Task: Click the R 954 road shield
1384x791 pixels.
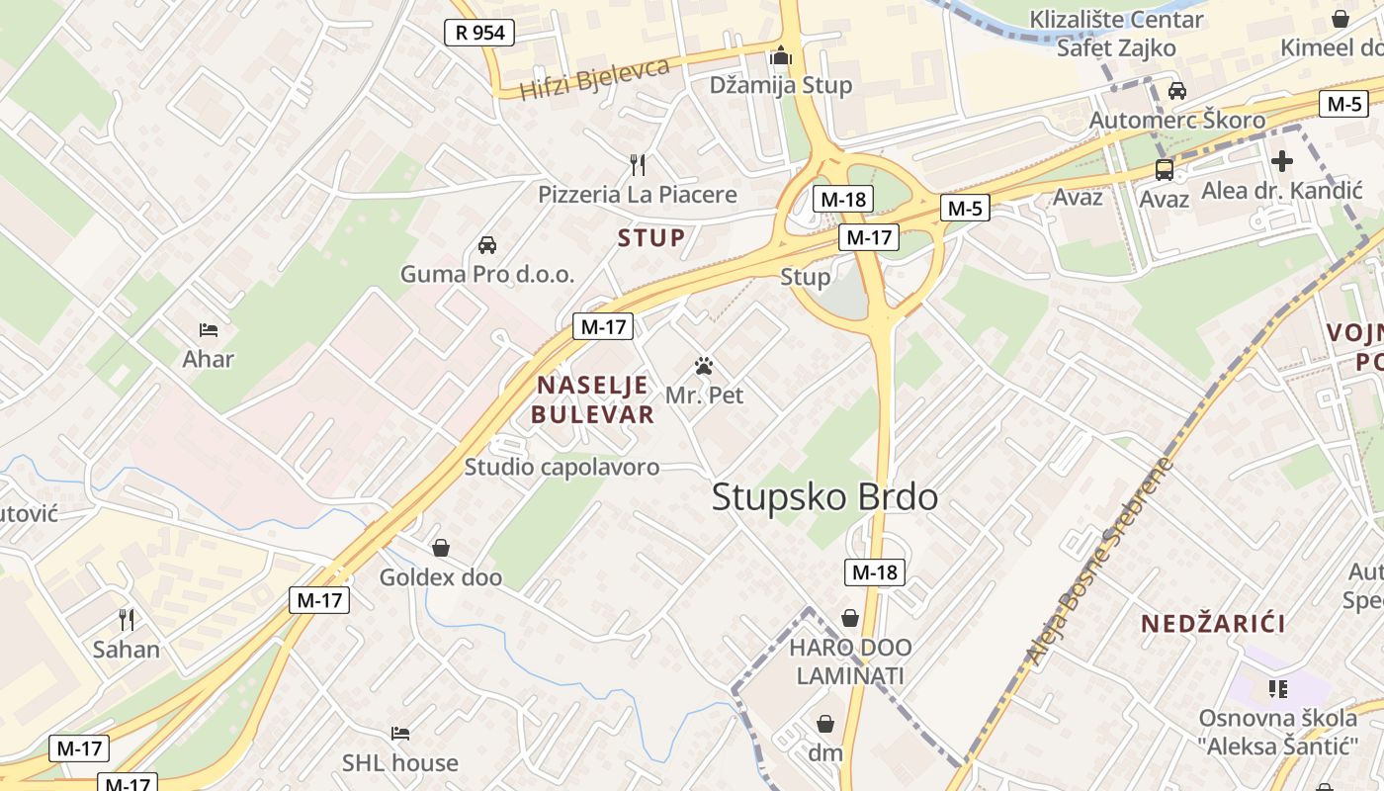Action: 479,33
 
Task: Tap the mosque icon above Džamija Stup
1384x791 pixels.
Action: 781,56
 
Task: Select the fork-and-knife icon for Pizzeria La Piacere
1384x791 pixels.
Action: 638,164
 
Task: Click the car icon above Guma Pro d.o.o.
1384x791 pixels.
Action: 486,244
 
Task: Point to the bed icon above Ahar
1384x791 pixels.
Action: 208,329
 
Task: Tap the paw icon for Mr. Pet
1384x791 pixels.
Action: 704,367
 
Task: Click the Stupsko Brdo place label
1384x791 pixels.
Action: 824,497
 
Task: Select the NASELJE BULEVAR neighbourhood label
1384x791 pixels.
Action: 592,399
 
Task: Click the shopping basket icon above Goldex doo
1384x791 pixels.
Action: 441,548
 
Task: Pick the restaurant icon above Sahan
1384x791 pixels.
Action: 127,620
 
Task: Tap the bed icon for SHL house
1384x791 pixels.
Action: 400,734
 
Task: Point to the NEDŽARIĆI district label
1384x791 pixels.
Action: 1213,624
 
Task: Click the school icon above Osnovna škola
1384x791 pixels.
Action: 1278,688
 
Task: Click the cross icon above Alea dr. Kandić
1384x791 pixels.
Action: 1282,161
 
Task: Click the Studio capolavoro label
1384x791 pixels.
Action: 562,467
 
